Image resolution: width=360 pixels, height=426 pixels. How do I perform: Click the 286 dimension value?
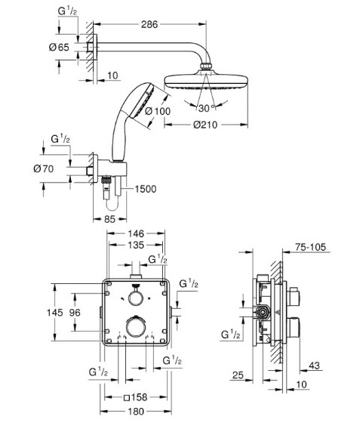(x=149, y=24)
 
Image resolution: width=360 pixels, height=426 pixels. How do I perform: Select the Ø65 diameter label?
(x=59, y=48)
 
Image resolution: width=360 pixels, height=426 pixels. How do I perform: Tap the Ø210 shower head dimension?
(x=205, y=125)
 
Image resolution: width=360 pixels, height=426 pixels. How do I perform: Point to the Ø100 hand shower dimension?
(x=158, y=111)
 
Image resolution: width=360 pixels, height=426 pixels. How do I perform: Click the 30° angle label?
(x=207, y=109)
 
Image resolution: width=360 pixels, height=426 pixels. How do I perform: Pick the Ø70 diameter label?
(x=44, y=168)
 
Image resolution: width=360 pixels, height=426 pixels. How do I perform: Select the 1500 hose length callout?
(x=146, y=189)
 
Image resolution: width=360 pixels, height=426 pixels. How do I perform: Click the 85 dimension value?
(x=109, y=219)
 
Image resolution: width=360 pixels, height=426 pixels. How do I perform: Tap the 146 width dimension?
(x=136, y=233)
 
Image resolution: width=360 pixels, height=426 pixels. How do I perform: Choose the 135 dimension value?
(x=136, y=245)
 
